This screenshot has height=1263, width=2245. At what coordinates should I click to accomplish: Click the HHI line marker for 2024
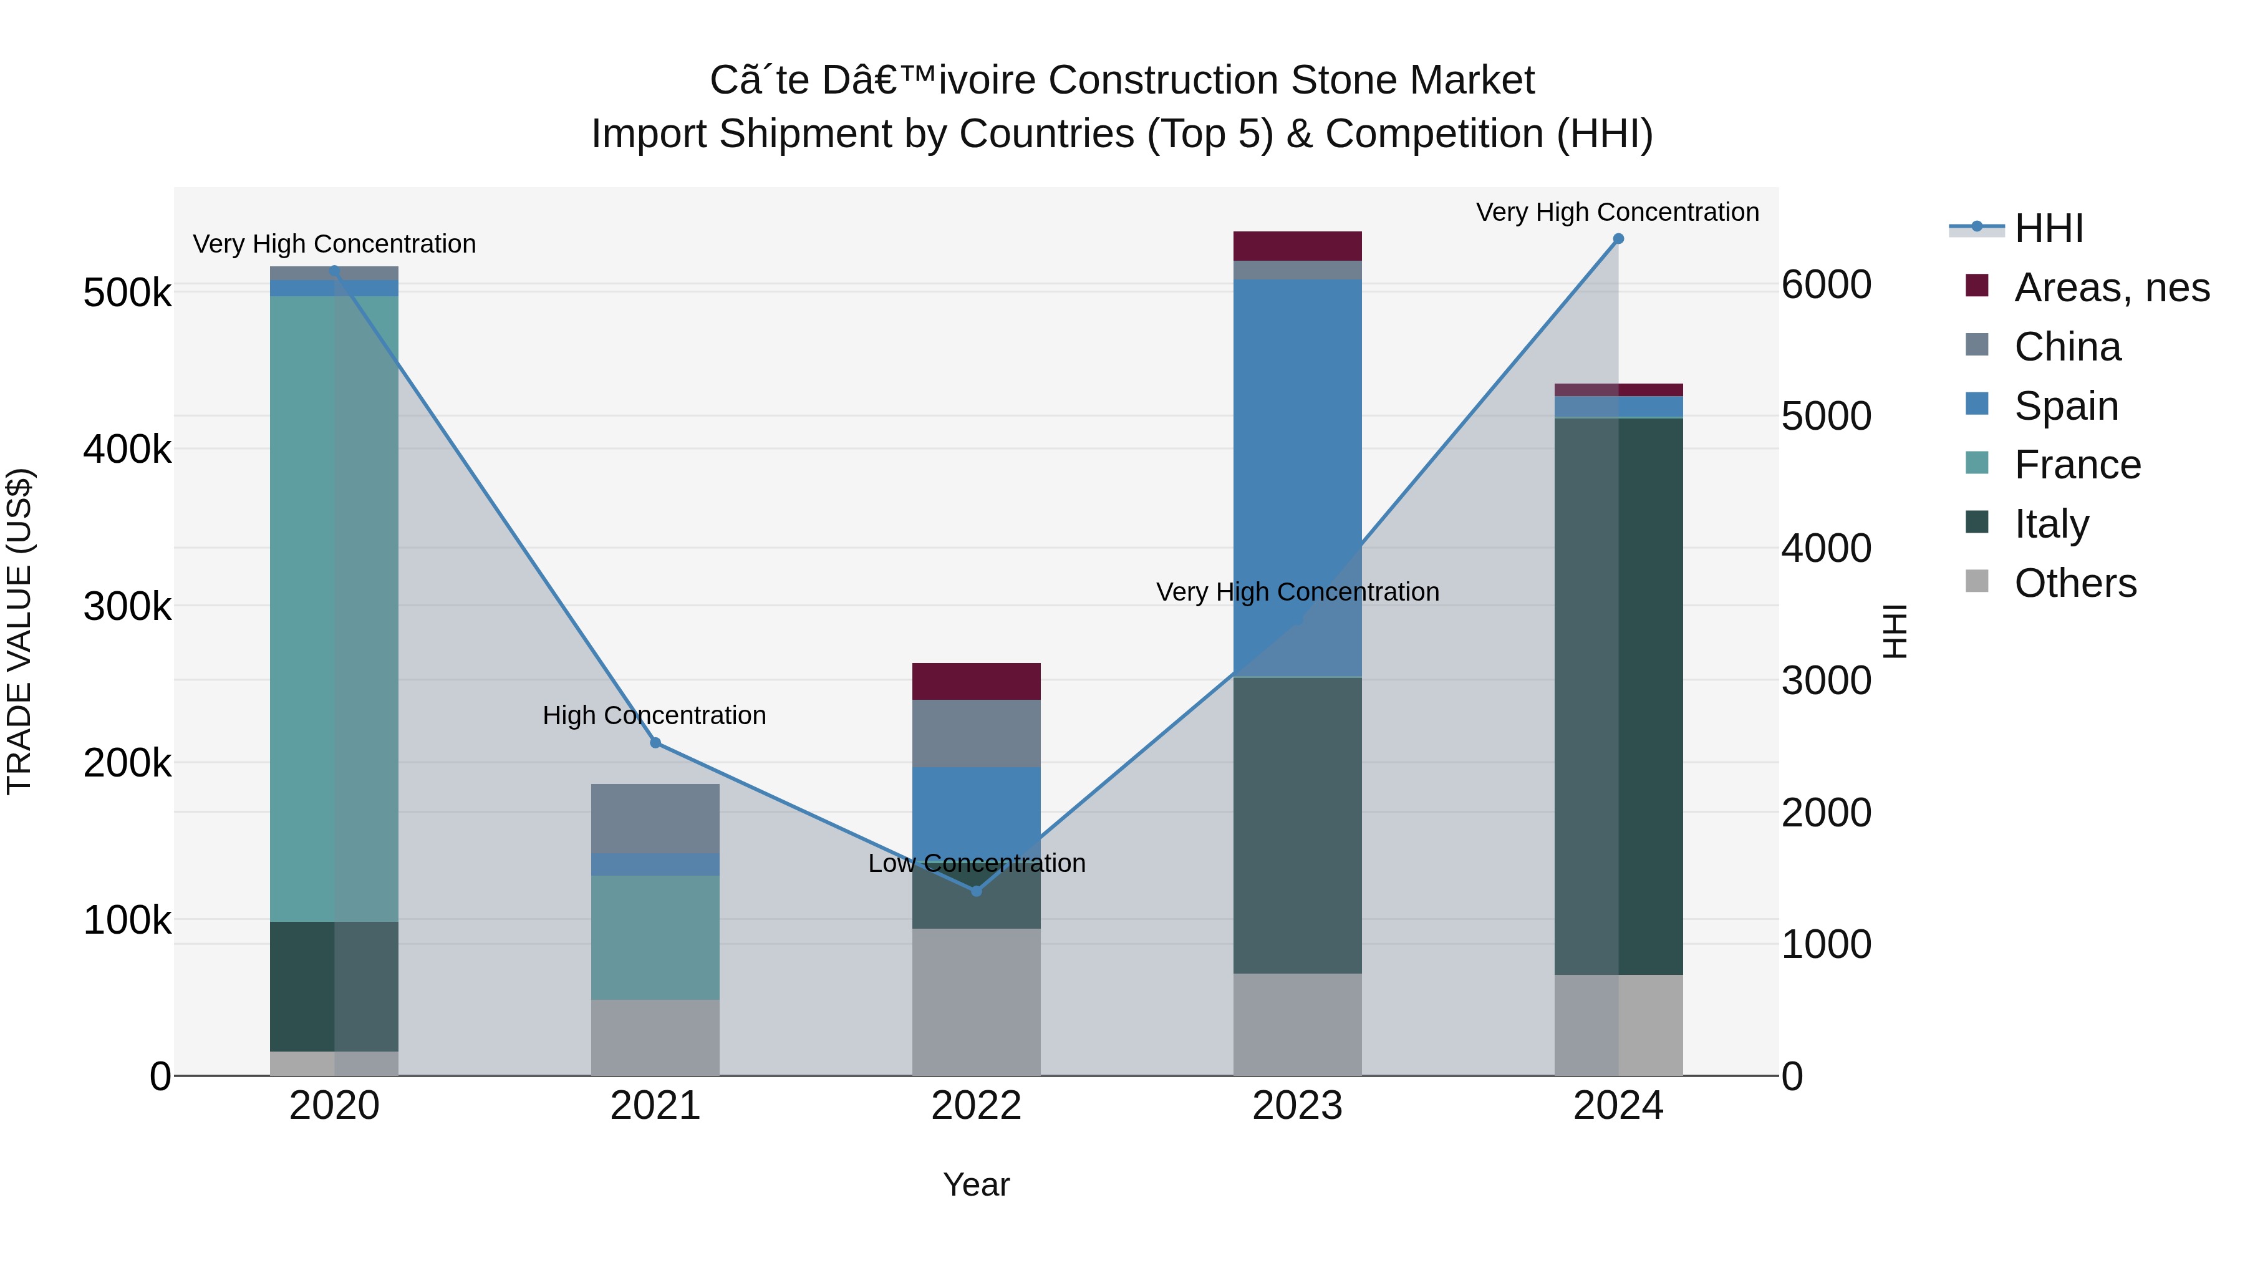click(1618, 239)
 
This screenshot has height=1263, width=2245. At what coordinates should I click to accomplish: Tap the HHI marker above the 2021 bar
click(655, 743)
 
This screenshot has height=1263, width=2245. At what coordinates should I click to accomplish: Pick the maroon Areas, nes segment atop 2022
click(976, 682)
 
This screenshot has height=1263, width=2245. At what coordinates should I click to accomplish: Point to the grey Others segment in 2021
click(655, 1037)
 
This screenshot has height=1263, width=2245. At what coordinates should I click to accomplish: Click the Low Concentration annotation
click(976, 863)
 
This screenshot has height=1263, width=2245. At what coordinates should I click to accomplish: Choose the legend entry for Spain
click(2065, 406)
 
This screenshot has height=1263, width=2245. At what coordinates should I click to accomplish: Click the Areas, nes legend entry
click(2111, 288)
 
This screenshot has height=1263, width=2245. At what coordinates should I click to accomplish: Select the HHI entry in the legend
click(2048, 228)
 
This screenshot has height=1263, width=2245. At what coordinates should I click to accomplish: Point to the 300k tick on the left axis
click(127, 607)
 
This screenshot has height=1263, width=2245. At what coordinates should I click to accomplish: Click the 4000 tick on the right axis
click(1826, 548)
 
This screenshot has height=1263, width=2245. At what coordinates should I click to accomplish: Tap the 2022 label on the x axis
click(976, 1106)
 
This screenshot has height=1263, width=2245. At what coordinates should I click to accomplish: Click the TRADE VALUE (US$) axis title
click(19, 631)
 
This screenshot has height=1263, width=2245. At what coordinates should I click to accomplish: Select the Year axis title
click(976, 1184)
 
